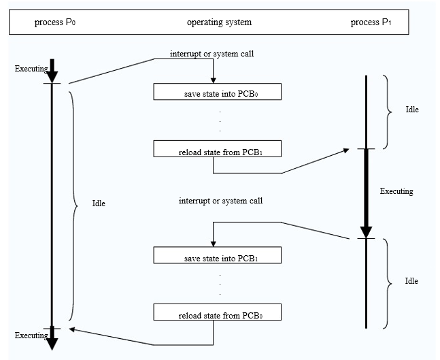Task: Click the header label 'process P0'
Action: (55, 22)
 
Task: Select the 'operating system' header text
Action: (219, 22)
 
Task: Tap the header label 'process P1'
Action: (371, 22)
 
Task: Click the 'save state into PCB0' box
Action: (218, 92)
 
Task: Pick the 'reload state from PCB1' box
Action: (218, 148)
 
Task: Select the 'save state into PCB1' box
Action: (218, 255)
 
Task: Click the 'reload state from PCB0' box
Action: (218, 312)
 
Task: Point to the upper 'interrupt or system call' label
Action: (212, 54)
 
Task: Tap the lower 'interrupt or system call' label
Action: (221, 201)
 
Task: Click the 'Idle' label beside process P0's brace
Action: (99, 203)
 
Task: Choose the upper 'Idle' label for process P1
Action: (412, 110)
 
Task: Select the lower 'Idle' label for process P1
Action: (411, 281)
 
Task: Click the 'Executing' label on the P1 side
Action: (396, 191)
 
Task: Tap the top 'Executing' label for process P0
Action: (31, 69)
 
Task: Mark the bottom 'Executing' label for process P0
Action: (31, 336)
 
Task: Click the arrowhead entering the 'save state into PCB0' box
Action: (214, 80)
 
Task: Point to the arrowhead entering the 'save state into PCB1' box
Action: (214, 244)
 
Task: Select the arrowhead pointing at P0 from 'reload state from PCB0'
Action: (72, 329)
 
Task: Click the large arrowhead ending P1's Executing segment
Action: (366, 232)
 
